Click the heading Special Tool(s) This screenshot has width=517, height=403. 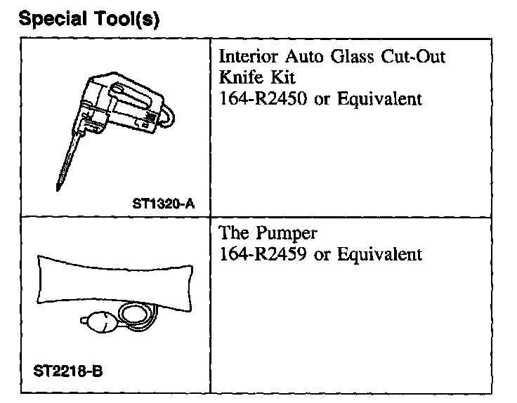90,19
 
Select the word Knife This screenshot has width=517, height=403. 240,77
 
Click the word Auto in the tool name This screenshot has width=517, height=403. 303,57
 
